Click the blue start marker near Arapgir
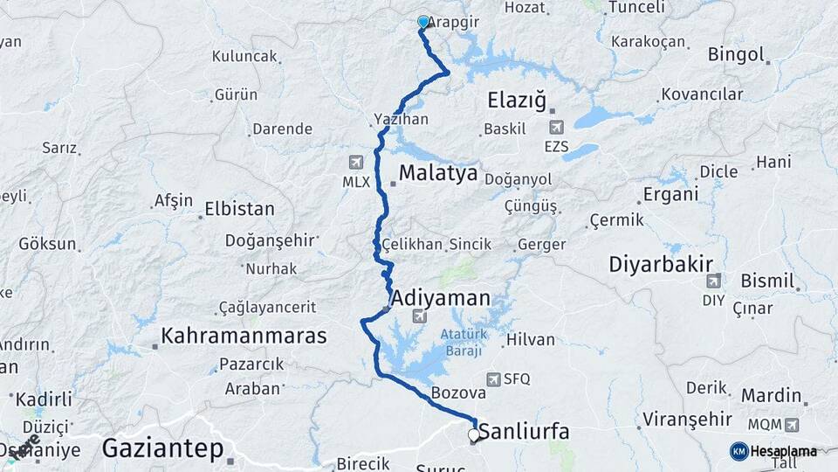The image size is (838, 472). [423, 22]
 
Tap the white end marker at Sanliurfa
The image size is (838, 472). [474, 434]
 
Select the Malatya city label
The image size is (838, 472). [439, 173]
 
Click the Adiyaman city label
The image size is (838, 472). [442, 298]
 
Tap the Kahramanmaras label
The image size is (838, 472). [244, 336]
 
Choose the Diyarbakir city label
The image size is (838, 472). [661, 264]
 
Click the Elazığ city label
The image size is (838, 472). [517, 101]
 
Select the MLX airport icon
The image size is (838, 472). [356, 163]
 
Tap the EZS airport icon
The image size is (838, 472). [556, 128]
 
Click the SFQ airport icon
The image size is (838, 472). [495, 378]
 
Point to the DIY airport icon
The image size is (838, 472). [713, 281]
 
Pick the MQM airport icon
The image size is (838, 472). [791, 425]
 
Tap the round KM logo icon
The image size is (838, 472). [738, 451]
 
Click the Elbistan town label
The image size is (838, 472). [239, 210]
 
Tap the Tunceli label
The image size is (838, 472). [636, 7]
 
